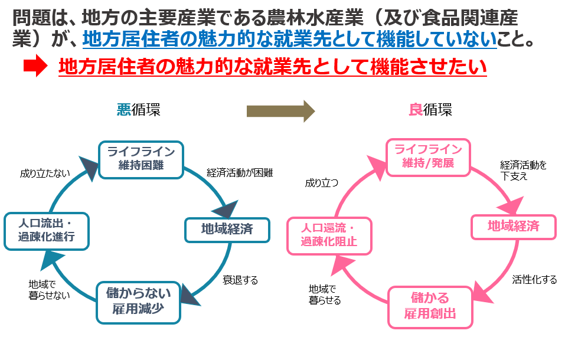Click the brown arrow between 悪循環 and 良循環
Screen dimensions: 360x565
coord(280,110)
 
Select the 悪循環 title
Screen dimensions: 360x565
coord(138,110)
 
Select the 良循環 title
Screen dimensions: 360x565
coord(430,110)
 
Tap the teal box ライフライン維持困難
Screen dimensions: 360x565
coord(141,159)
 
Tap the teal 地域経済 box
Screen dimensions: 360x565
coord(227,230)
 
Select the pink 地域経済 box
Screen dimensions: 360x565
coord(513,226)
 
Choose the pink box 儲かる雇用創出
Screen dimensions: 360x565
coord(430,306)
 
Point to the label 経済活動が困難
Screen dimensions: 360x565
coord(240,173)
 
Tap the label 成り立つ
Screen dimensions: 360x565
coord(322,183)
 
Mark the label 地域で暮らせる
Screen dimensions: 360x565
coord(325,294)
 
